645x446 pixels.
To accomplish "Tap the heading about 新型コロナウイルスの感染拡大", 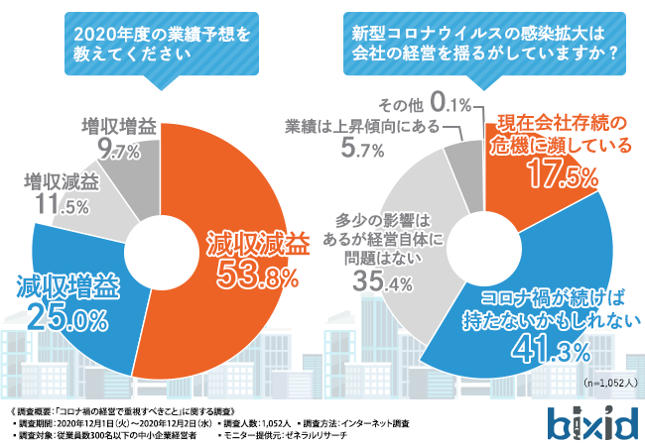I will pos(482,43).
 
